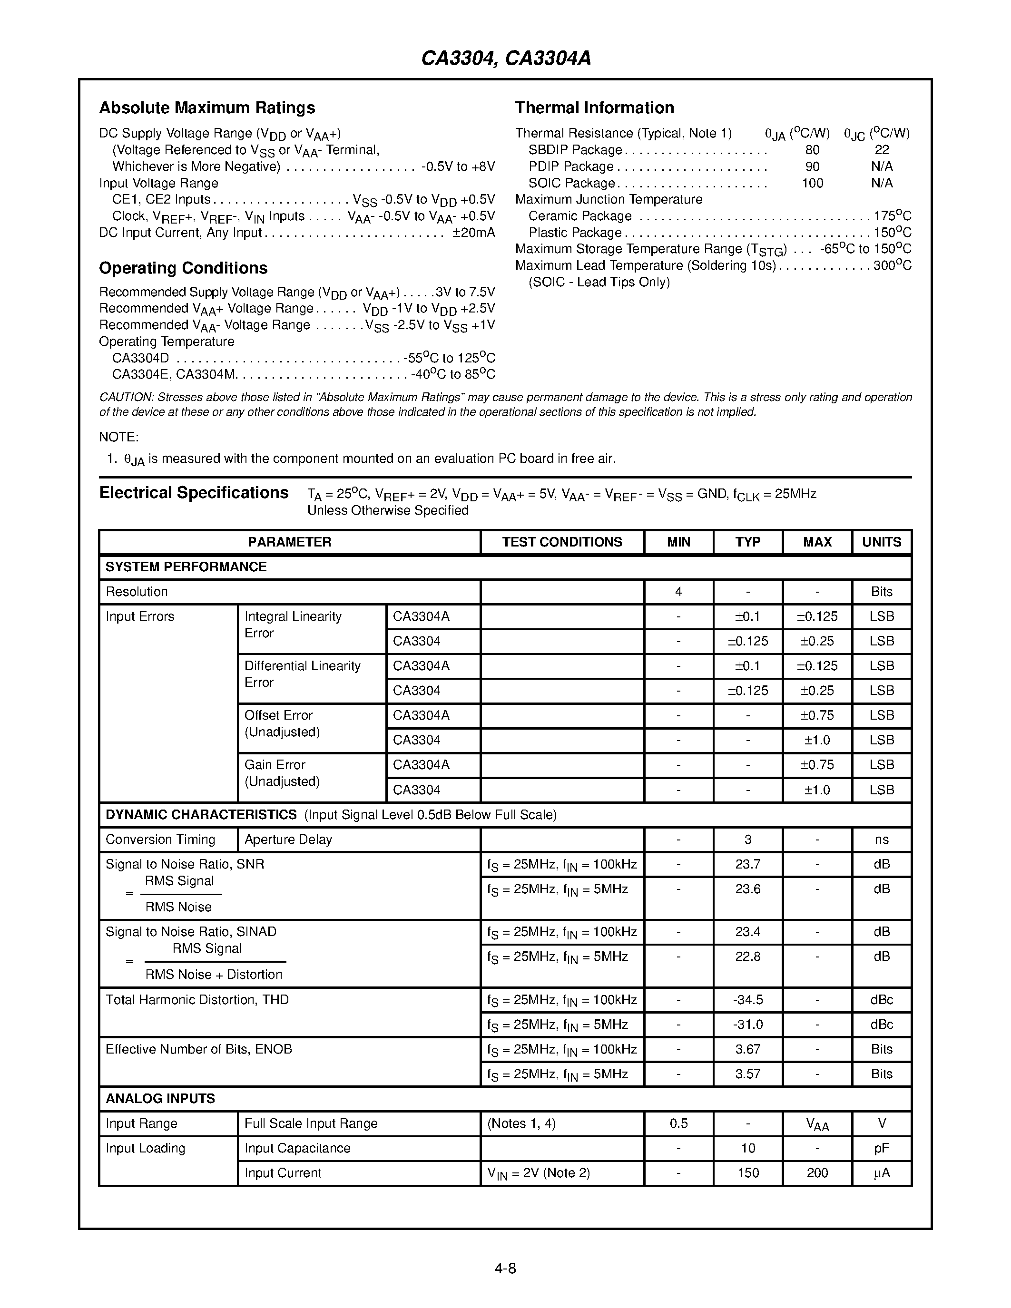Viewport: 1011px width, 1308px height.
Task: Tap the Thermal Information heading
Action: click(x=594, y=108)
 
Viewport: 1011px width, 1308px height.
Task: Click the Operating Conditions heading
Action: click(x=183, y=268)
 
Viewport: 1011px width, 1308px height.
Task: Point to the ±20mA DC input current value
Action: click(x=474, y=233)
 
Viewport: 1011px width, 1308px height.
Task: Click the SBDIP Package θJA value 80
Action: click(x=812, y=150)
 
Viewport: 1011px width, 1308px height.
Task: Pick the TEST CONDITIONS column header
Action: click(x=562, y=542)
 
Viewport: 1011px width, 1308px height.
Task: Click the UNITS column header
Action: click(x=881, y=542)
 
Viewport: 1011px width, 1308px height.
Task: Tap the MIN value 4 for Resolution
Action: click(x=678, y=592)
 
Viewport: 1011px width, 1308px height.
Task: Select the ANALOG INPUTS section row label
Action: click(x=160, y=1098)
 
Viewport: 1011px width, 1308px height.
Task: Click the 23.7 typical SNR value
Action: click(x=747, y=864)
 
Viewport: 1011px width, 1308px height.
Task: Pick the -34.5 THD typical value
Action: click(x=747, y=1000)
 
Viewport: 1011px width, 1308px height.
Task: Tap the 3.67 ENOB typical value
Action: click(x=747, y=1049)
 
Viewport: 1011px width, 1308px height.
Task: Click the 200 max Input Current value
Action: click(x=817, y=1172)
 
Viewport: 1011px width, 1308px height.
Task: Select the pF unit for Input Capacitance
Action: click(x=881, y=1148)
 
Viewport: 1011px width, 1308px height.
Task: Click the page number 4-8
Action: click(x=505, y=1268)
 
